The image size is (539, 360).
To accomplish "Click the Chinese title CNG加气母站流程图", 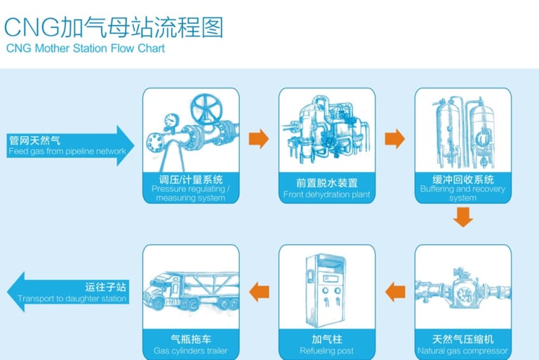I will pos(114,27).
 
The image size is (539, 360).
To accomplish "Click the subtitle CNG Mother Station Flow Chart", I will pos(86,49).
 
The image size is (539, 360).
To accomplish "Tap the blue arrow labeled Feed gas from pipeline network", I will pos(70,146).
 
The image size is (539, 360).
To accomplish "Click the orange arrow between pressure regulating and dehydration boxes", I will pos(259,138).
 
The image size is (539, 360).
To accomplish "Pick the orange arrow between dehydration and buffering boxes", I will pos(395,138).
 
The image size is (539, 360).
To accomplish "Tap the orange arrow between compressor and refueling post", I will pos(395,291).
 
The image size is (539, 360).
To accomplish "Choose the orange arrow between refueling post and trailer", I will pos(259,291).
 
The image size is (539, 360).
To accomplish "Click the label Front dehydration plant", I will pos(326,194).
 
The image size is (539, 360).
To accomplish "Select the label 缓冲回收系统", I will pos(463,179).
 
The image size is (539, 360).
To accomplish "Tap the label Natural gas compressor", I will pos(463,351).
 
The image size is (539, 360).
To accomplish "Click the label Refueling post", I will pos(326,351).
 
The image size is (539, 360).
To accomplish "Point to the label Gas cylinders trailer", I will pos(190,351).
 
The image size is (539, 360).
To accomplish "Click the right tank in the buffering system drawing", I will pos(482,130).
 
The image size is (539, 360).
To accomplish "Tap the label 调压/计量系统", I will pos(190,179).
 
